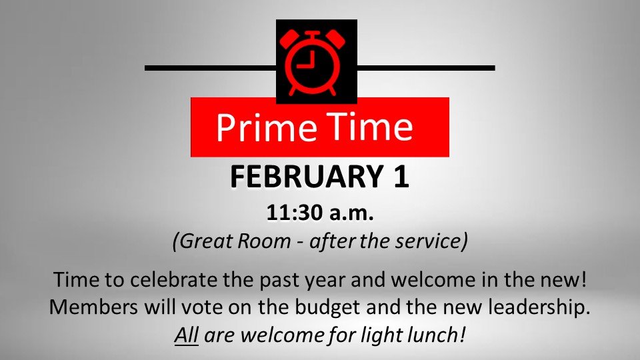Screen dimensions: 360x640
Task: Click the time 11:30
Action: click(x=293, y=215)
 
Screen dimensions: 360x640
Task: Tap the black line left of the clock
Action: click(x=210, y=67)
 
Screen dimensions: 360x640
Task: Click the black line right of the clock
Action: click(x=426, y=67)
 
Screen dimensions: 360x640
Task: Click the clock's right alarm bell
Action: click(x=341, y=38)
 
